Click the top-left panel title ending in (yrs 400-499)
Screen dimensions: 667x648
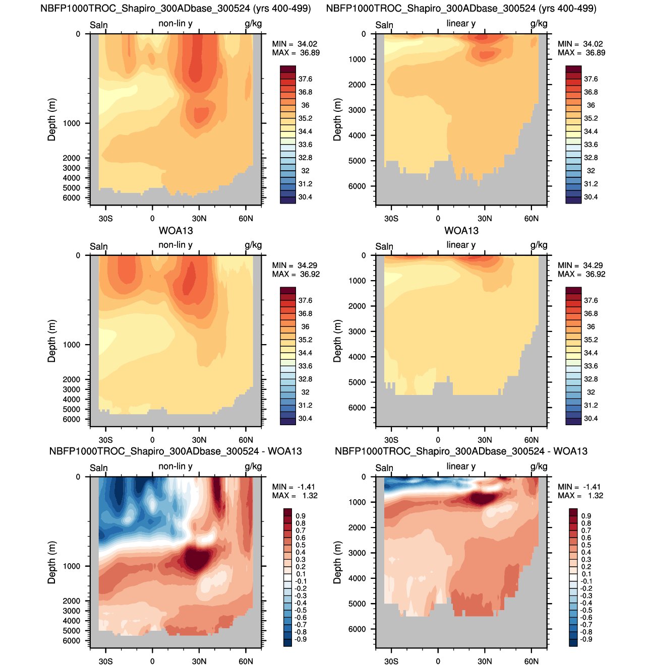(175, 9)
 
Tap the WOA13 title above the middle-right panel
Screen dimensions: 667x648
(461, 231)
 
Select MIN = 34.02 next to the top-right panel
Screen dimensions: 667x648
(580, 44)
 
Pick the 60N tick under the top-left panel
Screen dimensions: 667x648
(246, 219)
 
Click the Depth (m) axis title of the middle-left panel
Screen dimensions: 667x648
(51, 341)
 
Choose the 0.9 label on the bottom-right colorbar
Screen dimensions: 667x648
(586, 516)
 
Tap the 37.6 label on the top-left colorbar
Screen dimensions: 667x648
(305, 79)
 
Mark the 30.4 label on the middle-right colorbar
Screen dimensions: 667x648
(591, 419)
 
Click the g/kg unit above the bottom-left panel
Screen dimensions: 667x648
(253, 466)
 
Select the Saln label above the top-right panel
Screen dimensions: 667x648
(384, 25)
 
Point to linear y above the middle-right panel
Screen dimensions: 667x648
(461, 245)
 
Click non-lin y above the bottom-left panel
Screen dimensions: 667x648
(175, 466)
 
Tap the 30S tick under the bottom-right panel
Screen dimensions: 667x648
(391, 661)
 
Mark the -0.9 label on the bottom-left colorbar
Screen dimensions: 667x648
(301, 639)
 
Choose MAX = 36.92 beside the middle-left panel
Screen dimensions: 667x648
(296, 274)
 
